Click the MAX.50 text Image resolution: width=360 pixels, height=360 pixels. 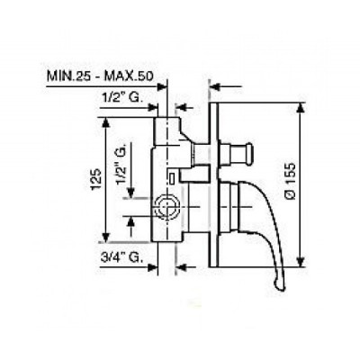(129, 76)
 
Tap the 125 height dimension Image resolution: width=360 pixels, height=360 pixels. (96, 179)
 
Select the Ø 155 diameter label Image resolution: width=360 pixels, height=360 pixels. (290, 181)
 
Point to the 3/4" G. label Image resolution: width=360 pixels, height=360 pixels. (121, 257)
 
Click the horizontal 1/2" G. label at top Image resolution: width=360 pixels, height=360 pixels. (121, 98)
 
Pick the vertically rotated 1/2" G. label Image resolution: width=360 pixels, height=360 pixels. (121, 164)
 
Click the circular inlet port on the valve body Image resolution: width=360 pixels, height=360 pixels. (166, 207)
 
